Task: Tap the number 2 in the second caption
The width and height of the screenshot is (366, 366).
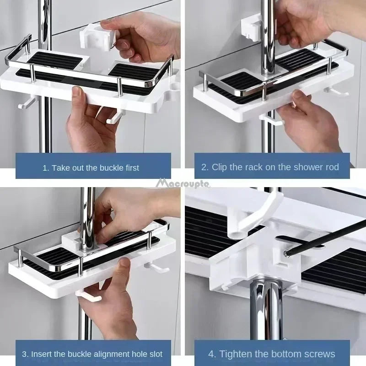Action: (204, 167)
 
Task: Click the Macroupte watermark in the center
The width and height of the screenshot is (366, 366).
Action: (183, 183)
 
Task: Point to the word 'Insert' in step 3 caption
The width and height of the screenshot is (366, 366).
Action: (42, 354)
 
